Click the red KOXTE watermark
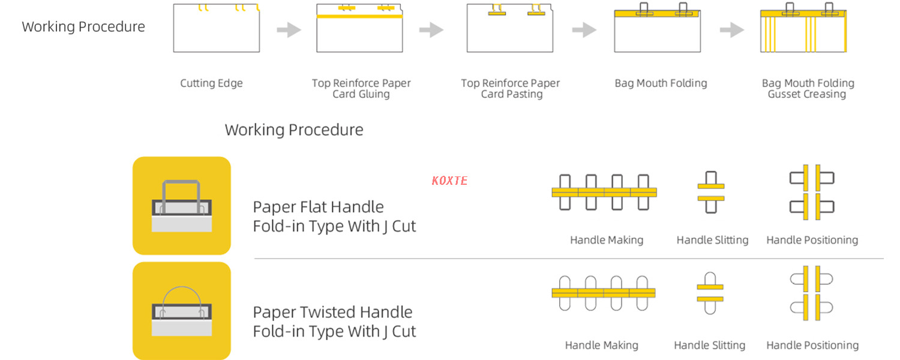tap(449, 181)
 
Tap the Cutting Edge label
tap(211, 83)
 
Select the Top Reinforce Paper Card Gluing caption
tap(361, 88)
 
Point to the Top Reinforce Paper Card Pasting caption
tap(510, 88)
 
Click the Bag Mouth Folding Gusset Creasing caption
tap(808, 88)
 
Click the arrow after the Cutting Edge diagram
tap(289, 30)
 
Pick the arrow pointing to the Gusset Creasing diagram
tap(731, 30)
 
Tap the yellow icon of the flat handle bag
tap(182, 206)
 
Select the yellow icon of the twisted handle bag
tap(182, 311)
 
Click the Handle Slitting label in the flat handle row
tap(712, 240)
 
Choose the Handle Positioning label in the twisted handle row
tap(812, 345)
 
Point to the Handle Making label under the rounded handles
tap(601, 345)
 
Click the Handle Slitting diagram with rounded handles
tap(710, 293)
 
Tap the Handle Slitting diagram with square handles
tap(711, 192)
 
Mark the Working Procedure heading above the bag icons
tap(294, 130)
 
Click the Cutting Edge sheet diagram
tap(217, 28)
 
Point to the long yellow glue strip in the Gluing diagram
tap(359, 16)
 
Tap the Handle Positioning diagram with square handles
tap(812, 192)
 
